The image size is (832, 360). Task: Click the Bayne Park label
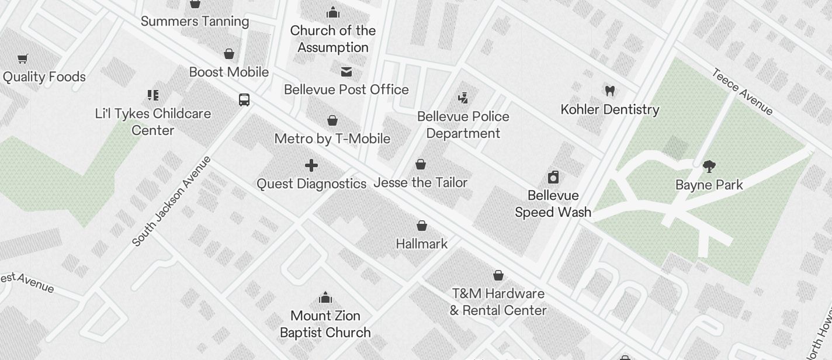coord(709,185)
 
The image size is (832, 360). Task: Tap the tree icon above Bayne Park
coord(709,167)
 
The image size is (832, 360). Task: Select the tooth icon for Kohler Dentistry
coord(610,91)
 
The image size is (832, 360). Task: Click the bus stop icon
coord(244,99)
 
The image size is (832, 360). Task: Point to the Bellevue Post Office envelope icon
coord(346,71)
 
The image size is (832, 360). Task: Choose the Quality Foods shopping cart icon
coord(23,58)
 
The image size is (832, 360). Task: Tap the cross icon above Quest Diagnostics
coord(311,165)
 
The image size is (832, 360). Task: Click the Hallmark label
coord(421,244)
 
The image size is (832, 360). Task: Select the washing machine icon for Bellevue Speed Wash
coord(553,177)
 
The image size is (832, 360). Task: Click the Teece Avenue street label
coord(742,92)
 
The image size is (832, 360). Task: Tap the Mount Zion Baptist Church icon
coord(325,298)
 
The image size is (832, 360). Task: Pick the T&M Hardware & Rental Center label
coord(498,302)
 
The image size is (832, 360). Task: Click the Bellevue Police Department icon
coord(463,98)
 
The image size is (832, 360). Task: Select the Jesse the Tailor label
coord(421,183)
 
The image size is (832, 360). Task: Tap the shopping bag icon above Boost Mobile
coord(229,54)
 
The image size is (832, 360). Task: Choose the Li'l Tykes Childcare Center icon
coord(152,95)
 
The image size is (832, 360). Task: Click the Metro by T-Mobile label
coord(332,139)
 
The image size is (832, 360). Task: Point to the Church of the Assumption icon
coord(332,12)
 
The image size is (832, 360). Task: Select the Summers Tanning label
coord(195,22)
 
